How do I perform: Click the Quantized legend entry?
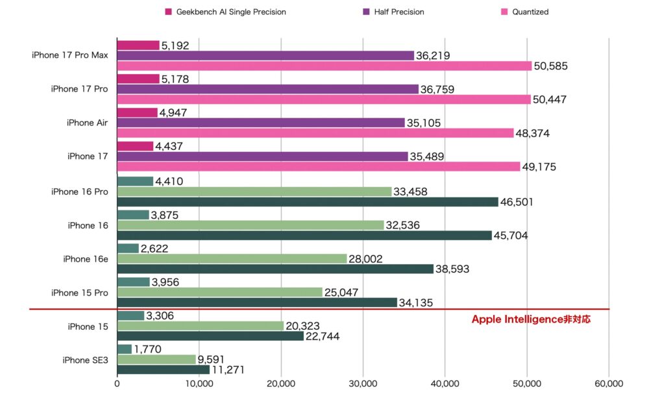click(526, 12)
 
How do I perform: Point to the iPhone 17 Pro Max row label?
click(69, 55)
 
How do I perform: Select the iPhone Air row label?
click(87, 123)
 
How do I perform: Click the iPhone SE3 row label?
click(85, 360)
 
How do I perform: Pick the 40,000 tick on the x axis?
click(445, 383)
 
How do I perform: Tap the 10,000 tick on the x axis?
click(199, 383)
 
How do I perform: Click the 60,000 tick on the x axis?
click(608, 383)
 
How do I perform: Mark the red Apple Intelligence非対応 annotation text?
click(531, 319)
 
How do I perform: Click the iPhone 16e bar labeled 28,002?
click(232, 258)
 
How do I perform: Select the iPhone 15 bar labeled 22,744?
click(210, 336)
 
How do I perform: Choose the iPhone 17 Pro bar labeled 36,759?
click(267, 89)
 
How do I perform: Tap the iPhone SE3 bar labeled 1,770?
click(124, 349)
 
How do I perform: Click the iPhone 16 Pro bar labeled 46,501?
click(307, 201)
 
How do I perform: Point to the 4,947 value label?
click(177, 112)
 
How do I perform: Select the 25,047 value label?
click(343, 292)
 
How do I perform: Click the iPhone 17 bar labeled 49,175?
click(318, 167)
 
